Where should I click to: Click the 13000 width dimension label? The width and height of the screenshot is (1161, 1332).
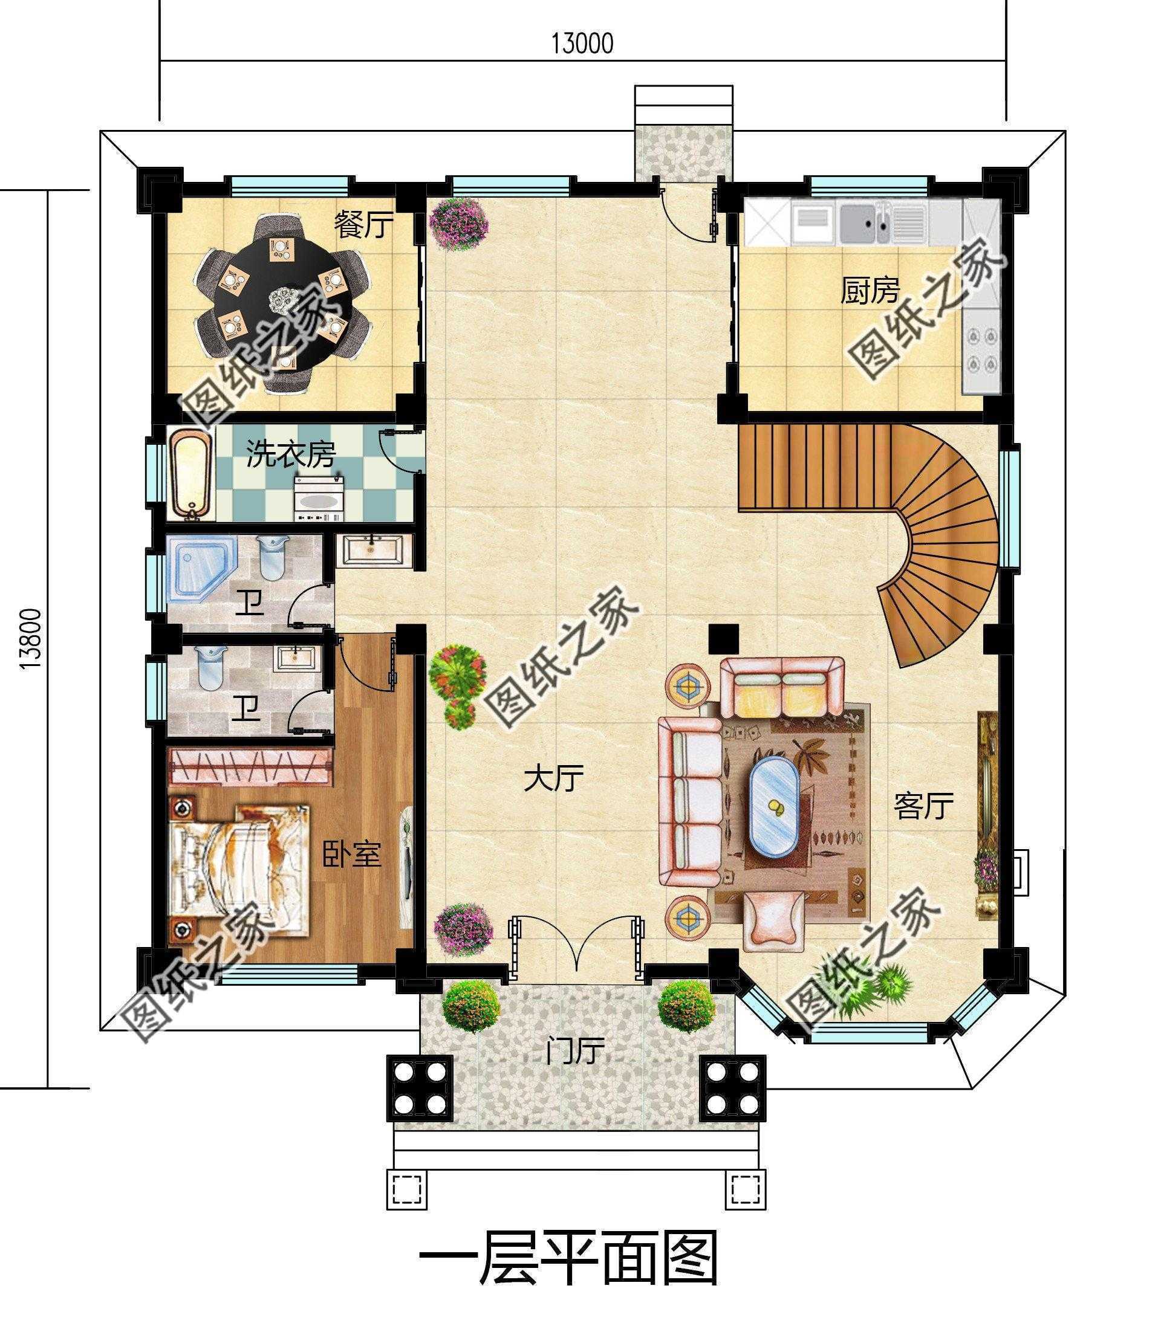(582, 44)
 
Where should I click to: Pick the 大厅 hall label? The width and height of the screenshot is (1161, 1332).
(553, 778)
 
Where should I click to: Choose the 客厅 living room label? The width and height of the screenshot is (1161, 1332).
(923, 806)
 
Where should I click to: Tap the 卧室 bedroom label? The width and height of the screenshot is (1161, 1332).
(351, 855)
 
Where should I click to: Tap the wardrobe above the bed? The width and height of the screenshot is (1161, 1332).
(251, 767)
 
